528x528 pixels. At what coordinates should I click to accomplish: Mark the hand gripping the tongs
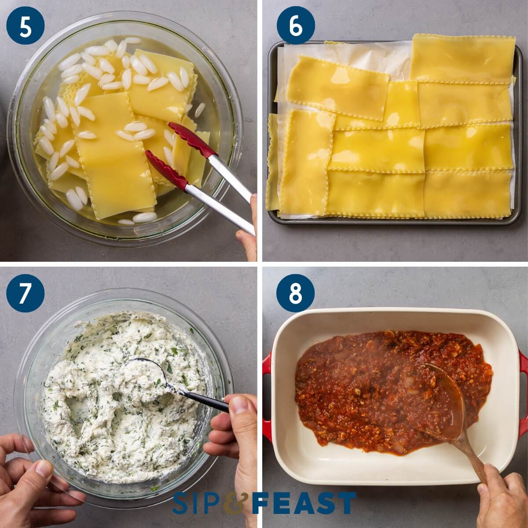click(x=249, y=229)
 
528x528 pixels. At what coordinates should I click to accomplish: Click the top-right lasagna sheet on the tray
click(x=462, y=57)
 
